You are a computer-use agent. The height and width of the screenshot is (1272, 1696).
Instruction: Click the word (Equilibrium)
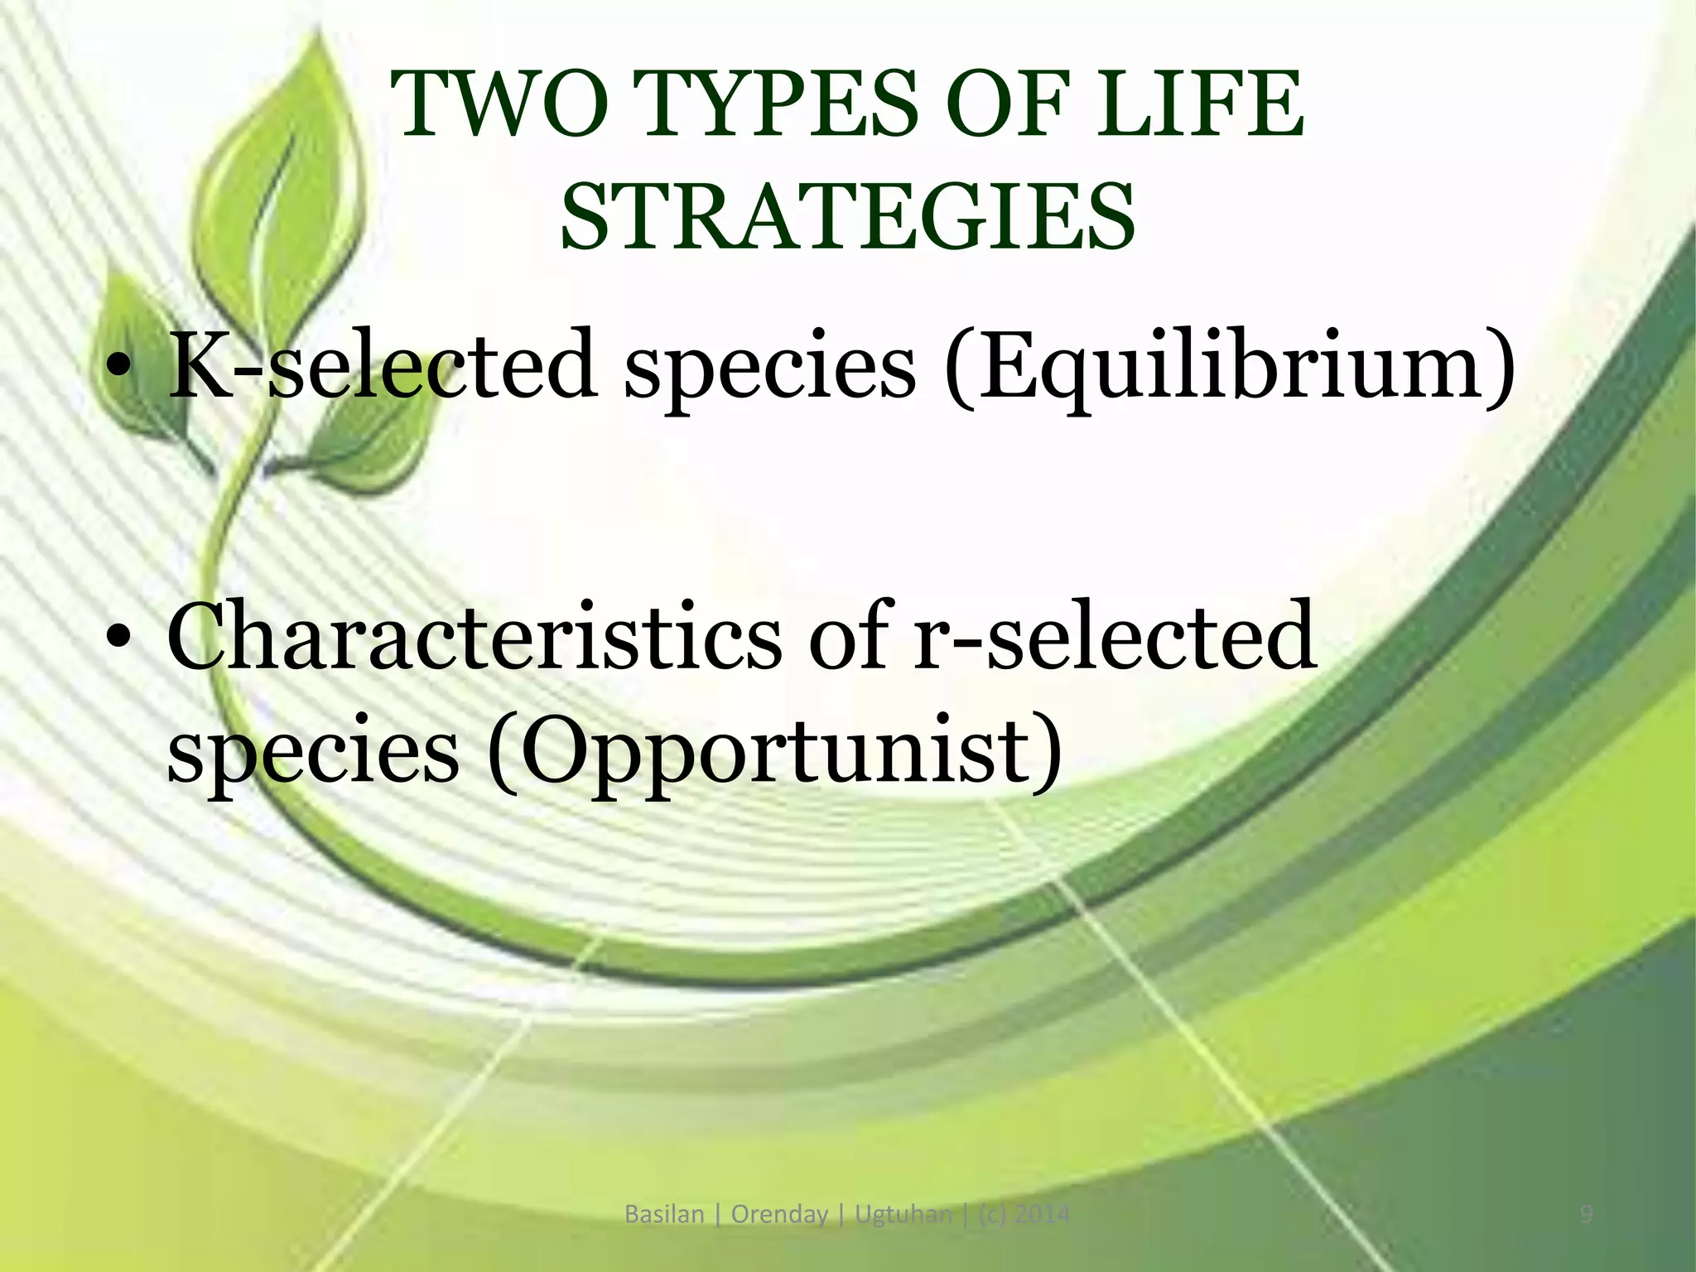tap(1231, 364)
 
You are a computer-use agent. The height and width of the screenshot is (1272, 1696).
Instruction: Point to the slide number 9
tap(1587, 1215)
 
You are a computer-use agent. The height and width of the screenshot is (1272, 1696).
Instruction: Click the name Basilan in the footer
tap(663, 1215)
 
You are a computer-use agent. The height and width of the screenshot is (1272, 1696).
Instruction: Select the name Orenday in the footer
tap(779, 1215)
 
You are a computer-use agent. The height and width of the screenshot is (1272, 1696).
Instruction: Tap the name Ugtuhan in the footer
tap(903, 1215)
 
